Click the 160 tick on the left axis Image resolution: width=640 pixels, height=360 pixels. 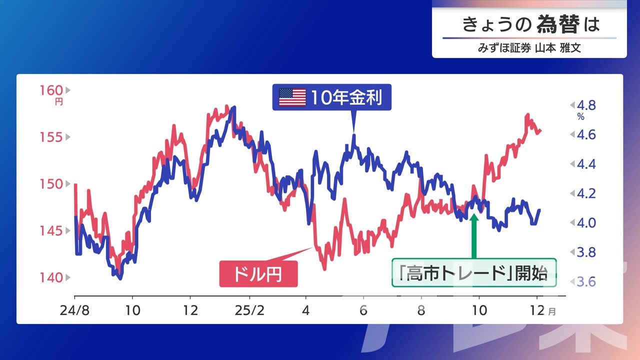click(51, 90)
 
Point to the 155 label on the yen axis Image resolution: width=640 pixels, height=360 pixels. click(51, 137)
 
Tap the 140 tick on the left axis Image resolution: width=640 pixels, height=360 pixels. click(51, 277)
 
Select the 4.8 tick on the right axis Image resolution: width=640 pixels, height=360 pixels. click(586, 105)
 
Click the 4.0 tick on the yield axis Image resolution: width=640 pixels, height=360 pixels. click(586, 223)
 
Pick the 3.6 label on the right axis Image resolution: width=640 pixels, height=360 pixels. click(586, 281)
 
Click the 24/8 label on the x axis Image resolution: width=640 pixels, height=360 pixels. click(74, 310)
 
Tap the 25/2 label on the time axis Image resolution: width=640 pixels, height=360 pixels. click(249, 310)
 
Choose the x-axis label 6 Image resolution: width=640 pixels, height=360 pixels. click(363, 310)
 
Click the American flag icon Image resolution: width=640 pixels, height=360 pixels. click(292, 97)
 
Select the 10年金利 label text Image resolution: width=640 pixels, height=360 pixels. click(346, 97)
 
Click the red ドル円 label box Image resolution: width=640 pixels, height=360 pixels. click(258, 273)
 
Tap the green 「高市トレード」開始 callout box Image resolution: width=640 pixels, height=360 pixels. click(474, 272)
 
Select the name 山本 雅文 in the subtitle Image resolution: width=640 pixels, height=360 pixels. click(558, 47)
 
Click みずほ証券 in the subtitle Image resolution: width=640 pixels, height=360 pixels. click(504, 47)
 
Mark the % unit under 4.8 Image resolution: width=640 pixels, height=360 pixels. click(581, 117)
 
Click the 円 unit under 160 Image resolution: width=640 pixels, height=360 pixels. click(59, 102)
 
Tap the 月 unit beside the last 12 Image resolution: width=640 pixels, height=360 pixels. click(552, 311)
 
